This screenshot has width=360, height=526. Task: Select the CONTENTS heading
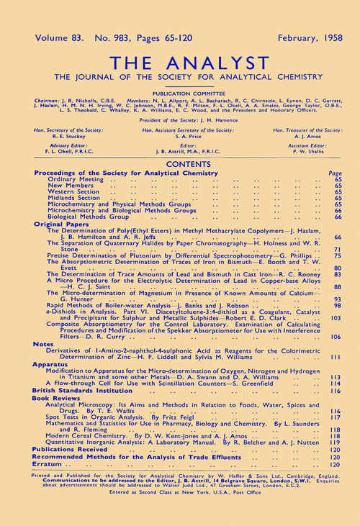[179, 164]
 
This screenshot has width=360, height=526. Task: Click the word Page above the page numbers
[335, 173]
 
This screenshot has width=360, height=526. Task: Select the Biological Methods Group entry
[92, 217]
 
